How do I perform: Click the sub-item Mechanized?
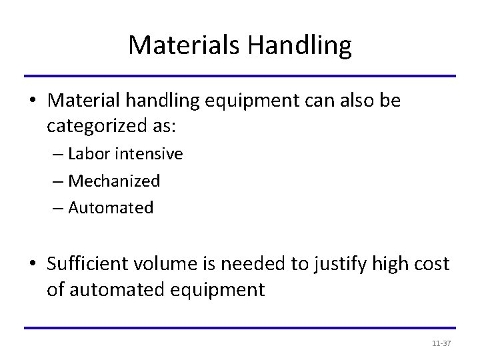click(114, 181)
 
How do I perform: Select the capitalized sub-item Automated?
click(111, 207)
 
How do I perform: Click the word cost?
click(434, 264)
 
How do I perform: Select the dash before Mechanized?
click(59, 181)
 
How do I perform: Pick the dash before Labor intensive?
click(59, 155)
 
